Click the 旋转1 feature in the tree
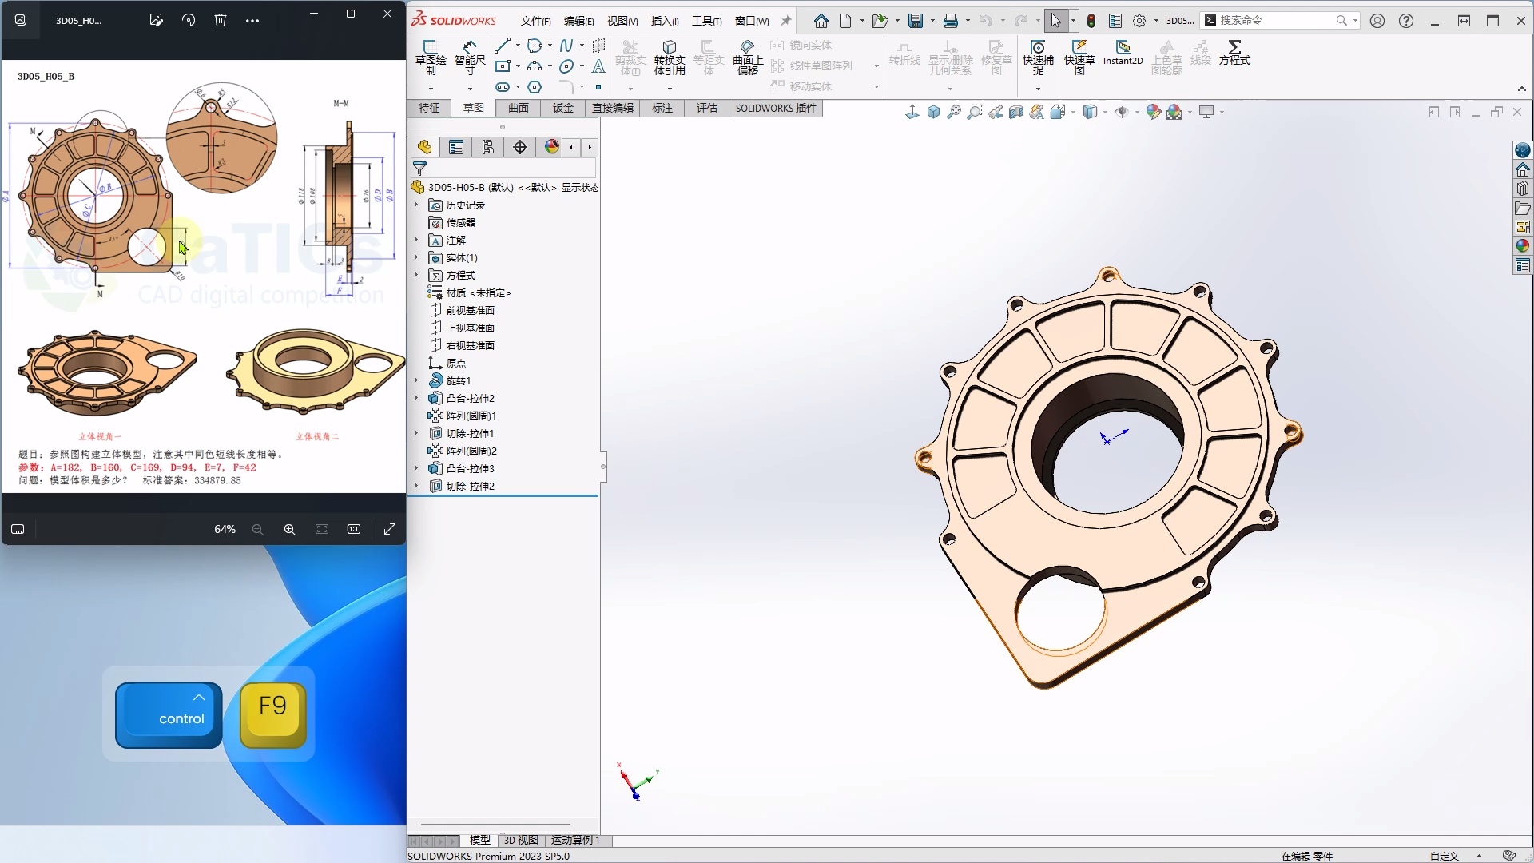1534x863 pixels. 458,380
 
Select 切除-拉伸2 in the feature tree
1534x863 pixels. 470,486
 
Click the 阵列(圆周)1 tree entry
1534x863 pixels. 471,416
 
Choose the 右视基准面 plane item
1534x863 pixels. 470,345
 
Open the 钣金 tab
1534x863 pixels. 562,108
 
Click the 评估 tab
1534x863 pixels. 706,108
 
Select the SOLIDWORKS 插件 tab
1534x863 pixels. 775,108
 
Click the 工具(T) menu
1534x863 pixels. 706,21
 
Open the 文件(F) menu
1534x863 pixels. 535,21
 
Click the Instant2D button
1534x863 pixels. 1123,54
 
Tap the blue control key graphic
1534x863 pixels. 169,715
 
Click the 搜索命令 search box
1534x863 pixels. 1274,20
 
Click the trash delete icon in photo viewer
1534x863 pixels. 221,20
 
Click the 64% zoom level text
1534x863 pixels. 225,529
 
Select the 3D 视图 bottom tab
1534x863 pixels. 521,840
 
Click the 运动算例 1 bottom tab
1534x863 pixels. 575,840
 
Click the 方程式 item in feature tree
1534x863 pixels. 460,275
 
